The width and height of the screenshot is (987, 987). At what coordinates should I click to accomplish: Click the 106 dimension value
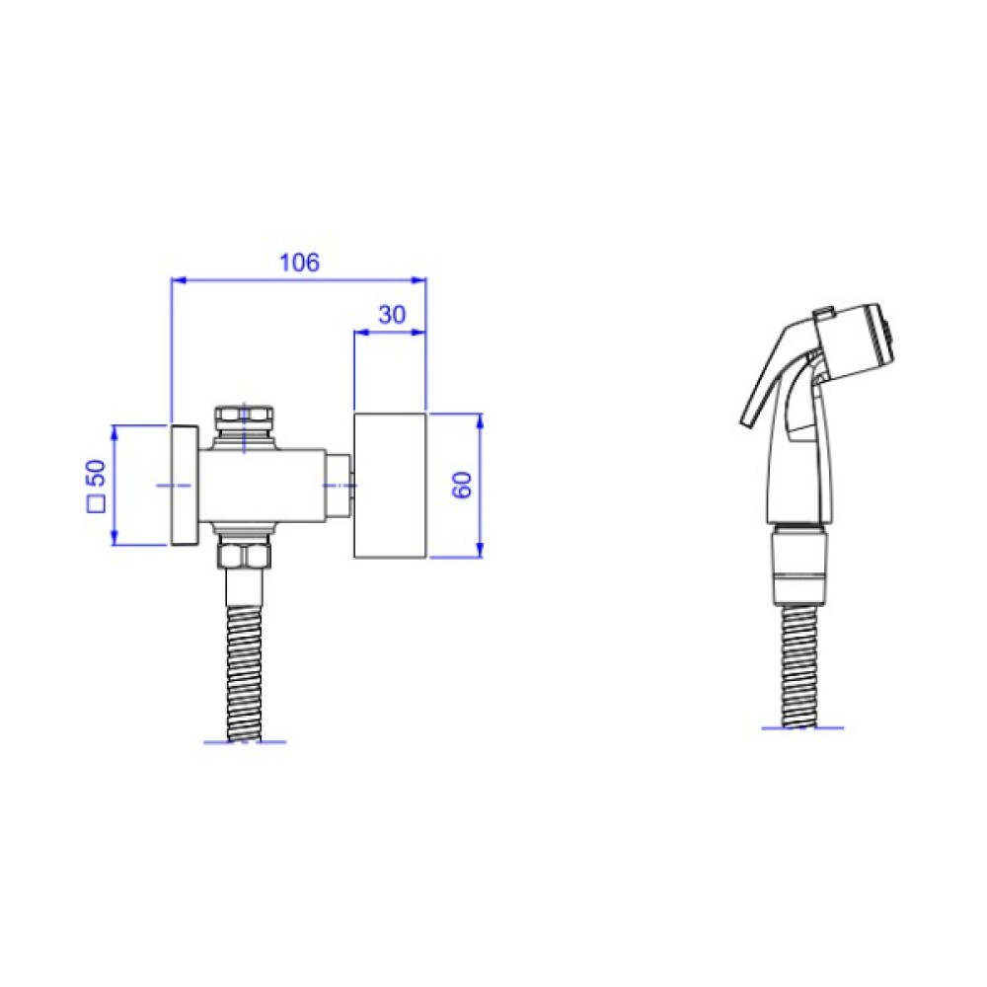point(299,262)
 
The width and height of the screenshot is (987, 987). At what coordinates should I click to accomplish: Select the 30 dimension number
point(392,314)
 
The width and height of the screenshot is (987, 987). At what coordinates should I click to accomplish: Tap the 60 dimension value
point(463,485)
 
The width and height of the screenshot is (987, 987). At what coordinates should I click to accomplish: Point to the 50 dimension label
point(97,473)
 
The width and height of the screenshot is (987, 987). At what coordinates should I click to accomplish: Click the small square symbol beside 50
point(97,504)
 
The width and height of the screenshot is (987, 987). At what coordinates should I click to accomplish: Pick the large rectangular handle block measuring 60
point(390,486)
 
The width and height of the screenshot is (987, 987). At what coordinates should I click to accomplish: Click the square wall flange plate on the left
point(186,485)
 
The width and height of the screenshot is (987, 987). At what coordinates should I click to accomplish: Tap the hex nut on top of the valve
point(244,418)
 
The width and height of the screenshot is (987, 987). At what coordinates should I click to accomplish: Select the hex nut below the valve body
point(244,555)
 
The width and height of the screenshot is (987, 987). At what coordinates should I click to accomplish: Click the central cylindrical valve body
point(264,485)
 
